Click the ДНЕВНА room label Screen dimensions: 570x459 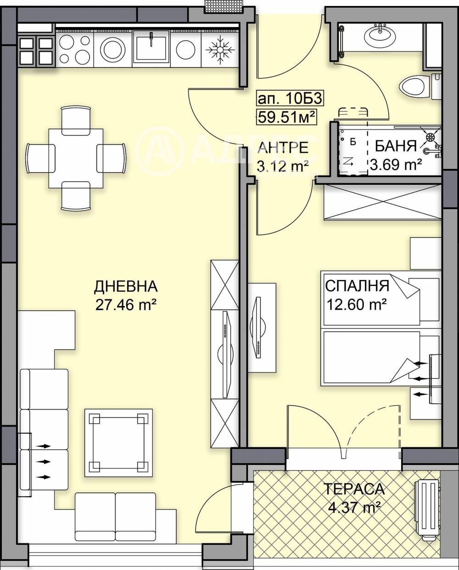click(x=126, y=287)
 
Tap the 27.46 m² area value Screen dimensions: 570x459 click(x=126, y=305)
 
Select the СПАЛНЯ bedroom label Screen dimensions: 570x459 click(x=357, y=285)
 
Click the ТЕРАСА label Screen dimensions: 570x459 click(x=353, y=489)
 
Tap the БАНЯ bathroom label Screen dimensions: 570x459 click(x=396, y=146)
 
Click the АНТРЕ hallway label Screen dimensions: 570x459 click(x=283, y=147)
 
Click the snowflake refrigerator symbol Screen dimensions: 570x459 click(x=218, y=50)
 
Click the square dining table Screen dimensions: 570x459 click(x=76, y=158)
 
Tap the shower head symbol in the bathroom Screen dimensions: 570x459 click(x=431, y=137)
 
